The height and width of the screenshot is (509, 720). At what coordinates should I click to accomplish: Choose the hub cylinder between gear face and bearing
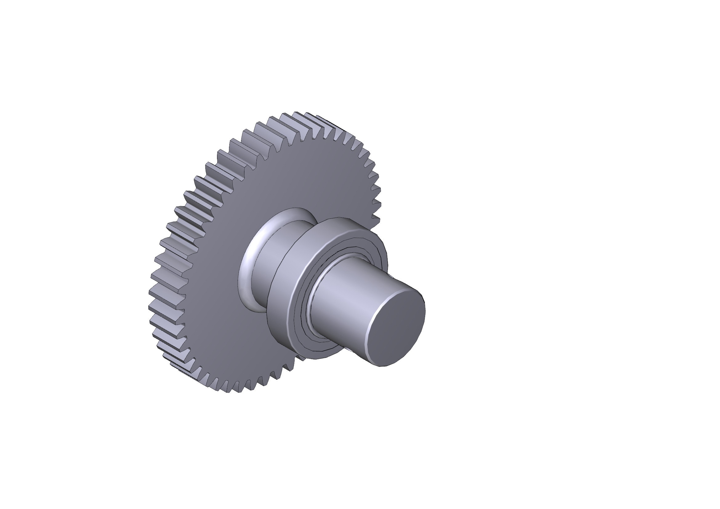click(267, 251)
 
